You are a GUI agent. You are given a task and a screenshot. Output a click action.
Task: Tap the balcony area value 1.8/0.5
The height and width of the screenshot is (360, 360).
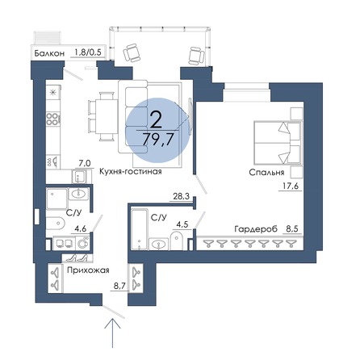[88, 52]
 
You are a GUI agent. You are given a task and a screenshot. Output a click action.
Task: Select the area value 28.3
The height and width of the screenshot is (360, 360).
[180, 195]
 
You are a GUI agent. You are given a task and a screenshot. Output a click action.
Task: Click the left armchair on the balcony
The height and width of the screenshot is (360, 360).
[129, 53]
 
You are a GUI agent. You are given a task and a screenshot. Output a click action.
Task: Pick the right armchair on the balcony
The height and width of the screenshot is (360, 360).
[193, 54]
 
